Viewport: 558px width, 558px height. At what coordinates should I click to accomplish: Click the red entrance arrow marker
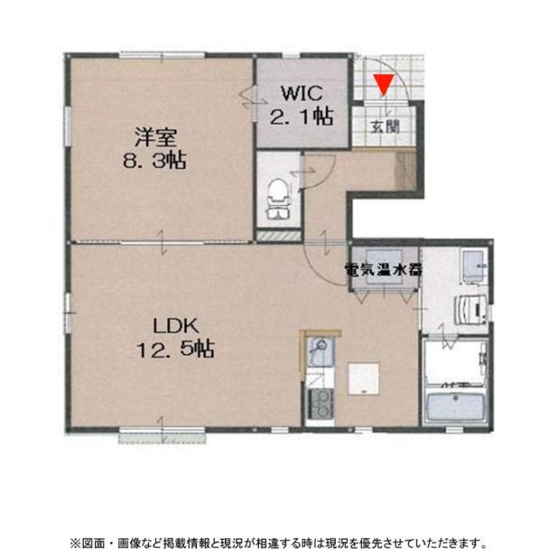(382, 84)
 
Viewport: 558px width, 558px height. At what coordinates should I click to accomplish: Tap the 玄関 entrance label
(384, 126)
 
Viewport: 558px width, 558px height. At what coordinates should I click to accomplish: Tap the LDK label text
(177, 327)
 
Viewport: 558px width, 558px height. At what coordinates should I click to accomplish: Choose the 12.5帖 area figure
(175, 350)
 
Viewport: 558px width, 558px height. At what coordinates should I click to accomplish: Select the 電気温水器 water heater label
(384, 269)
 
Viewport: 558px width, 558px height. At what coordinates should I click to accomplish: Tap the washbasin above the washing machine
(472, 265)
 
